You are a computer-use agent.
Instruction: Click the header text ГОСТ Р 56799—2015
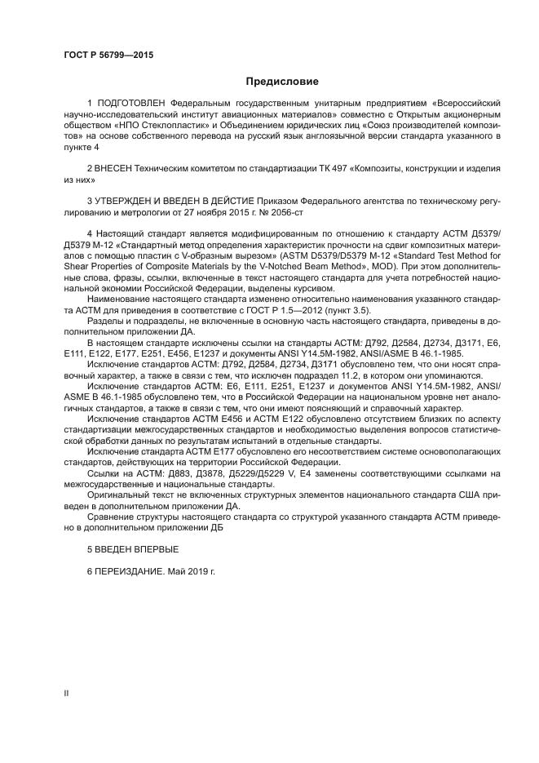point(108,55)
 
